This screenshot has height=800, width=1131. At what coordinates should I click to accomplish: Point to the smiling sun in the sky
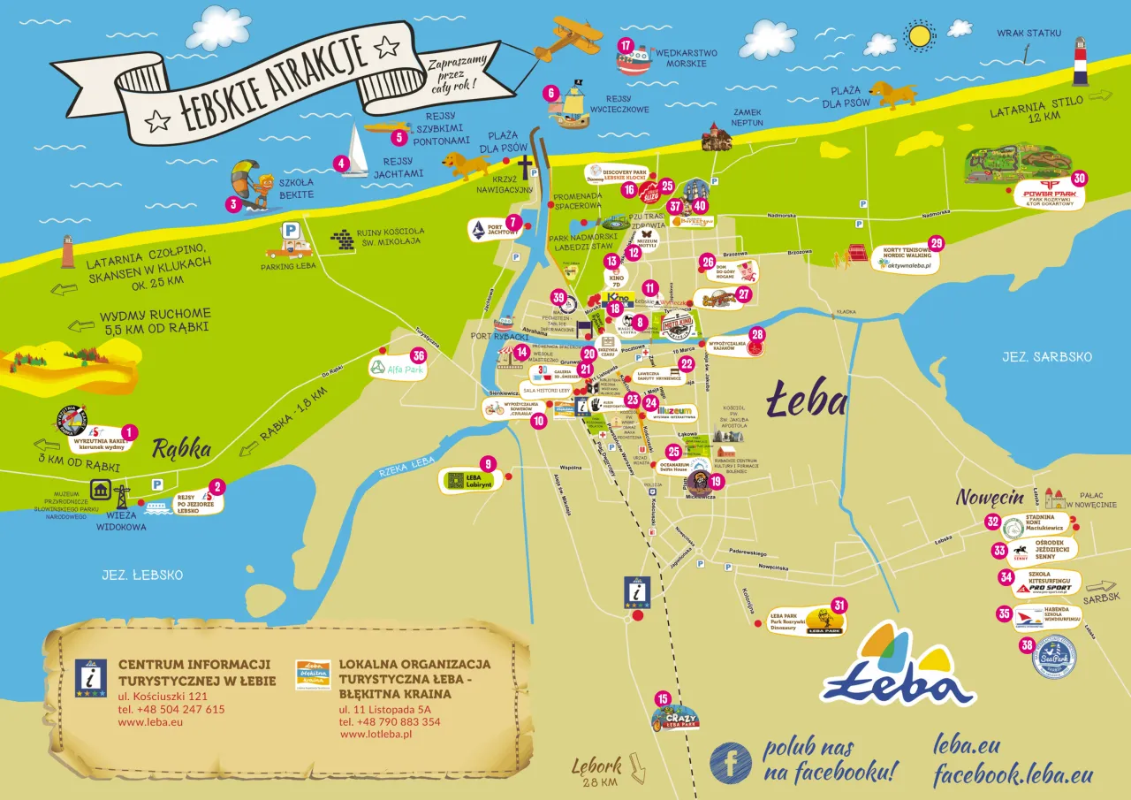(920, 35)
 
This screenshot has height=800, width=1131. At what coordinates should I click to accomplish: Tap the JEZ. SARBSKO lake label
(1047, 356)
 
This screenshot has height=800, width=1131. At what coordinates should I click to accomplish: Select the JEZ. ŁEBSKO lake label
(136, 575)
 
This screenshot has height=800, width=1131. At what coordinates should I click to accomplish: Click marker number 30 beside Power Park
(1079, 178)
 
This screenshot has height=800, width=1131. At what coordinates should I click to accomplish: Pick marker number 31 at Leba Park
(839, 605)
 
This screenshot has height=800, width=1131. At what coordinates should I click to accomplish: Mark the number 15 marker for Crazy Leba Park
(662, 699)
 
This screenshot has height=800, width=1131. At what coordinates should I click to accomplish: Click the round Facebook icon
(731, 762)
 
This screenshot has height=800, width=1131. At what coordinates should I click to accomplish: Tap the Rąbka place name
(182, 449)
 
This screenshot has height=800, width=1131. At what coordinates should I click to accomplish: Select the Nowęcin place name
(989, 498)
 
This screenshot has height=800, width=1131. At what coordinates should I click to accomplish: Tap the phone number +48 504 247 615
(171, 709)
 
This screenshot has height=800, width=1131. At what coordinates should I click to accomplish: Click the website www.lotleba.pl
(376, 735)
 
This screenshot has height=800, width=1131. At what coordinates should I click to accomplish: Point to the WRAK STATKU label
(1028, 33)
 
